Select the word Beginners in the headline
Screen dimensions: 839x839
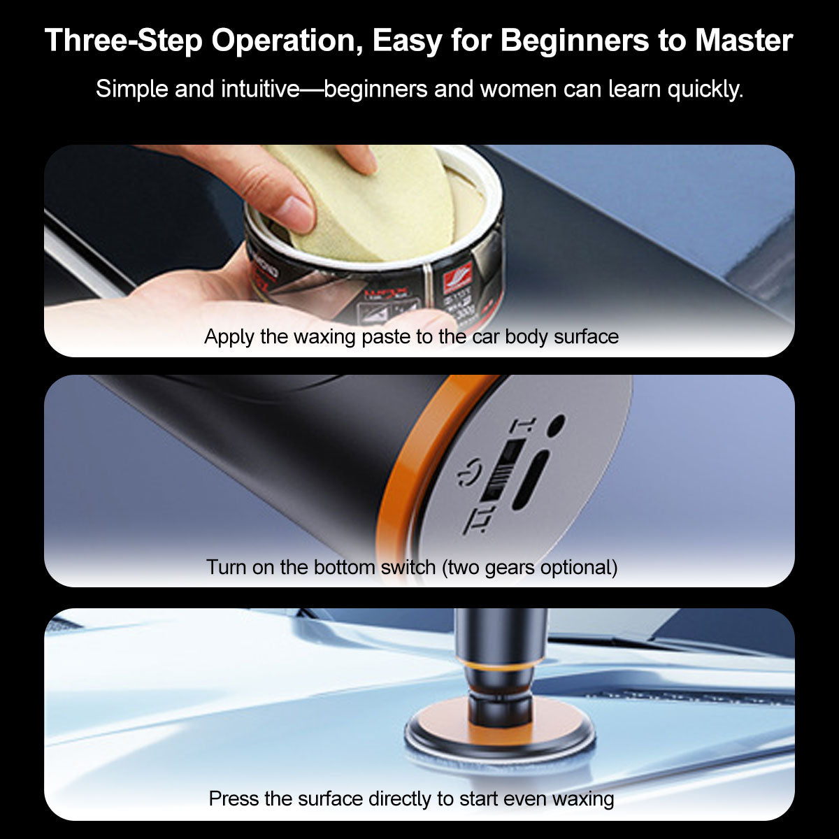575,41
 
